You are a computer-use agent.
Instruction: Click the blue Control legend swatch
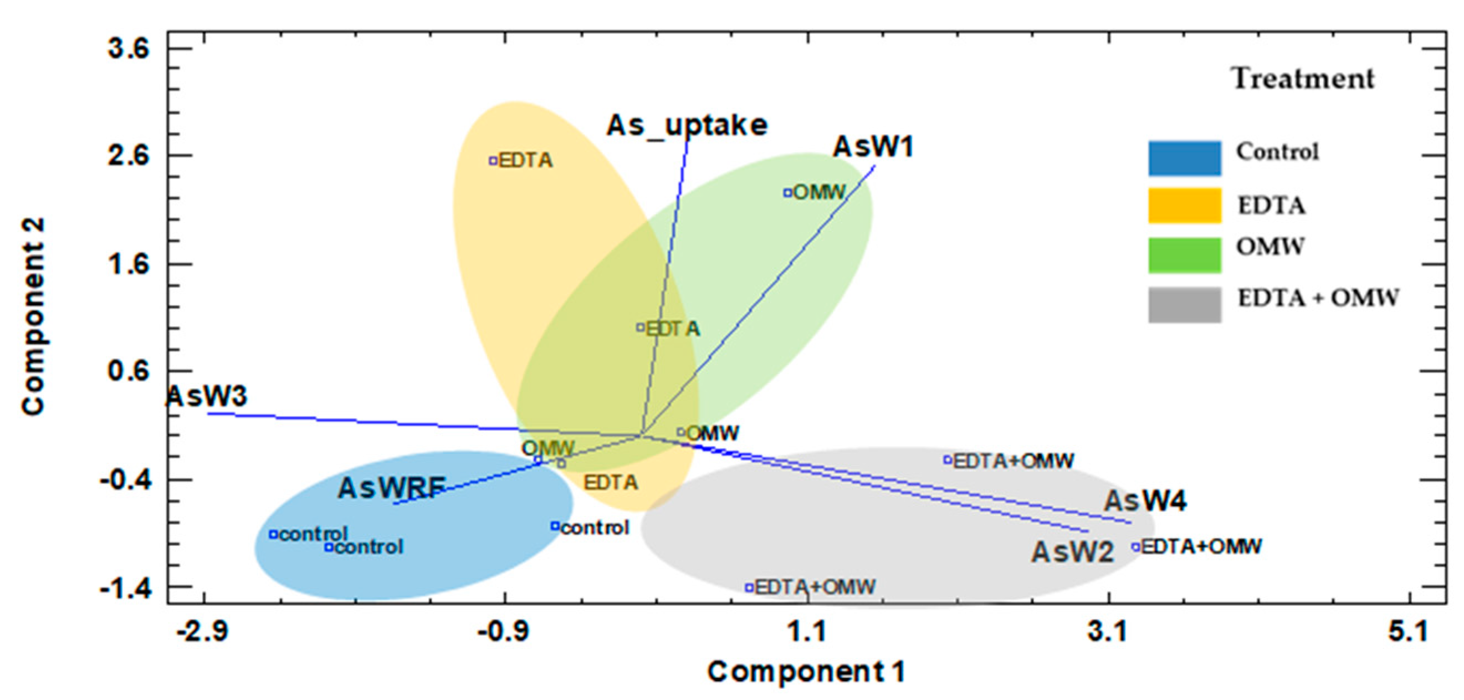pos(1184,158)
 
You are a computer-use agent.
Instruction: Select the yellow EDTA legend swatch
pos(1184,205)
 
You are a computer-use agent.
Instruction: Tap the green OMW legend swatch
pos(1184,254)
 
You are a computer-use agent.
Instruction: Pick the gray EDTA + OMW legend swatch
pos(1184,305)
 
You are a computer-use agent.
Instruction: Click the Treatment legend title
pos(1303,79)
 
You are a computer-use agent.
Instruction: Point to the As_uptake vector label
pos(687,126)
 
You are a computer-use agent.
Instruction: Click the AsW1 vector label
pos(873,147)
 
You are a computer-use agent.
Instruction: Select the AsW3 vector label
pos(207,396)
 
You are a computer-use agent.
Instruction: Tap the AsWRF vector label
pos(392,488)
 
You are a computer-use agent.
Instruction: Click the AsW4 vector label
pos(1145,502)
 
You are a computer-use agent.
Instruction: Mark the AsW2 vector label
pos(1072,552)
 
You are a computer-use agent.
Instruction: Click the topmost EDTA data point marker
pos(493,161)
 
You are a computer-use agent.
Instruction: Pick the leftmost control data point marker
pos(273,534)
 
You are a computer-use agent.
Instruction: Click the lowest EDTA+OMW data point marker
pos(750,587)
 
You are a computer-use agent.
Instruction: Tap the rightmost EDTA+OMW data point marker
pos(1135,547)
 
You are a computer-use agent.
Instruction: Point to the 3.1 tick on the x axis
pos(1108,631)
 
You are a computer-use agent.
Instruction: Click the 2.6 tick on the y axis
pos(129,156)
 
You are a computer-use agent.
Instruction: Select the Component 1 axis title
pos(806,672)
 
